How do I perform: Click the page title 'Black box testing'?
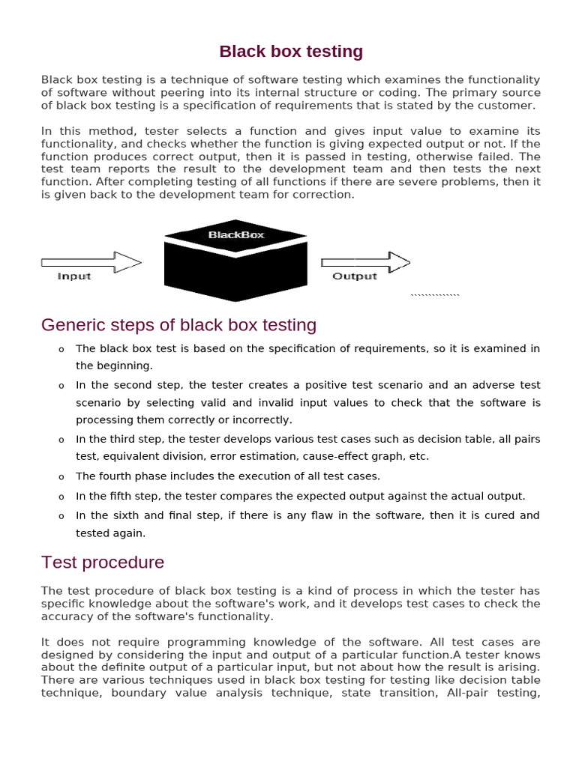pyautogui.click(x=291, y=52)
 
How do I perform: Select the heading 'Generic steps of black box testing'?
pyautogui.click(x=178, y=325)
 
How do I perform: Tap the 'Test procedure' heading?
pyautogui.click(x=103, y=562)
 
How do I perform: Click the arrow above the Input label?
pyautogui.click(x=91, y=262)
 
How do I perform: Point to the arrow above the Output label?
pyautogui.click(x=365, y=262)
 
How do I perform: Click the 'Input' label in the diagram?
pyautogui.click(x=74, y=276)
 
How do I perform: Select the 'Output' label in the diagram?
pyautogui.click(x=354, y=276)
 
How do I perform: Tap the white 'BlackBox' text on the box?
pyautogui.click(x=236, y=234)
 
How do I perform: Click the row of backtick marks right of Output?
pyautogui.click(x=435, y=295)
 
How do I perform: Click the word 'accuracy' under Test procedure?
pyautogui.click(x=65, y=616)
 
